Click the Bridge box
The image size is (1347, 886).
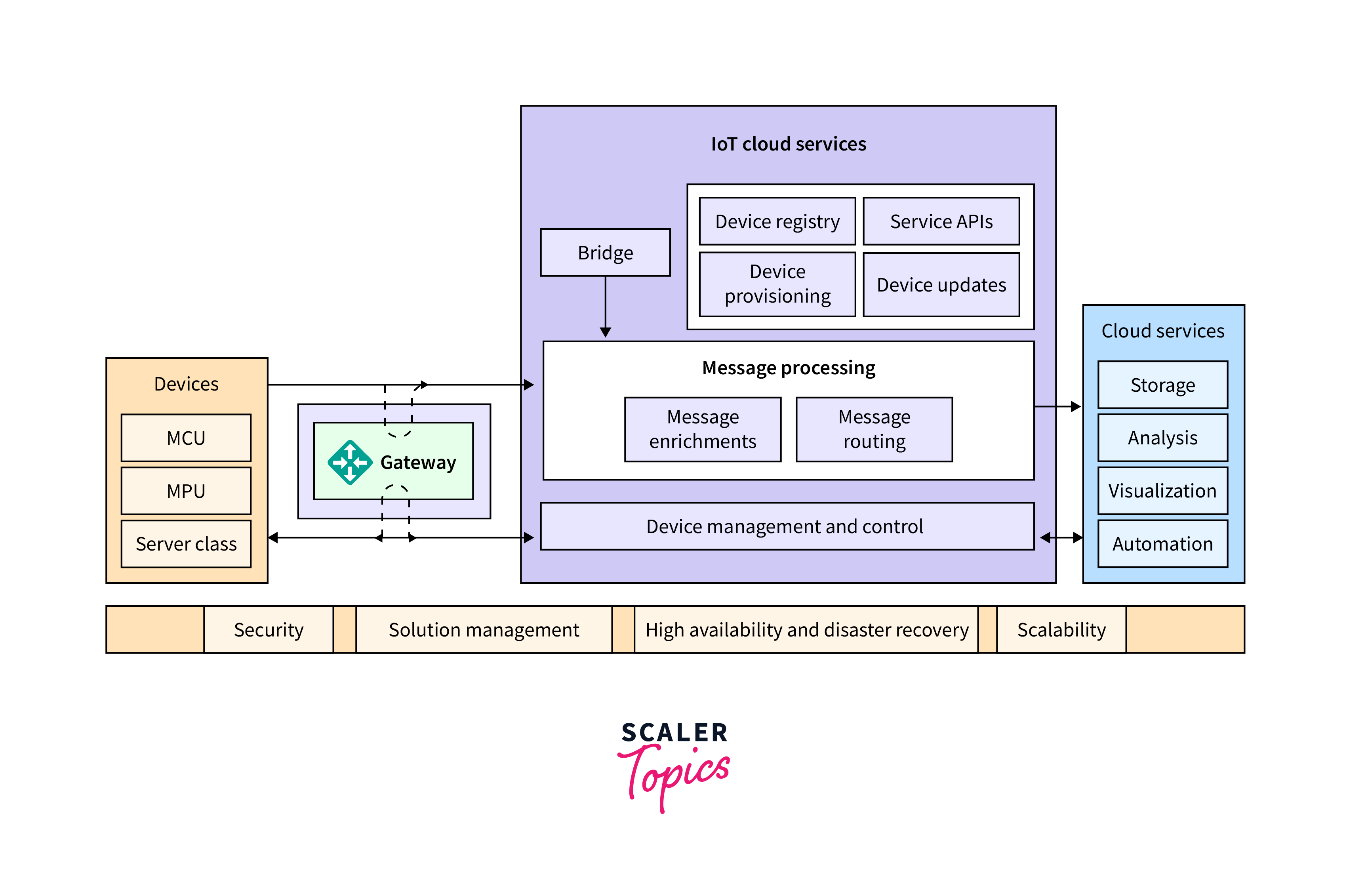point(605,253)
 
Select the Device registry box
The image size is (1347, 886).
point(777,221)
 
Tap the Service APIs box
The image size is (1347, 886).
point(941,221)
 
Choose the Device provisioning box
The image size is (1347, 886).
point(777,284)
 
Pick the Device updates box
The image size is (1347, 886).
point(941,285)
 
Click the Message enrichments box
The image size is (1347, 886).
point(702,429)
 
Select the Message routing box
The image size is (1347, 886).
point(874,429)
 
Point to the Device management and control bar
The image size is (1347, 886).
point(787,526)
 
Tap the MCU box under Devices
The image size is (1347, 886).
point(186,438)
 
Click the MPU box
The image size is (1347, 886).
point(186,491)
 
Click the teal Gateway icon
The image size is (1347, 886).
point(350,462)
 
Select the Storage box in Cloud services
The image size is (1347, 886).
point(1162,385)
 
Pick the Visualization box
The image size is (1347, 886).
point(1162,491)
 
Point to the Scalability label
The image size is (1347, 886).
point(1061,629)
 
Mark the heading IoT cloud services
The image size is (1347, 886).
point(789,144)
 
